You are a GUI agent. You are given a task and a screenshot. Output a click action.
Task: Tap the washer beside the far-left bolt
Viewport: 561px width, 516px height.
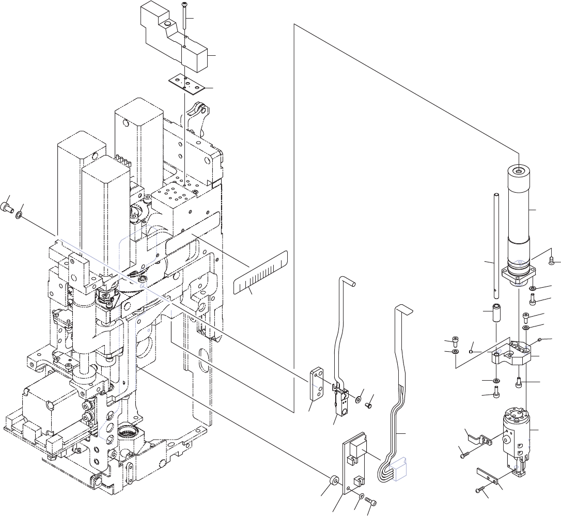click(x=20, y=213)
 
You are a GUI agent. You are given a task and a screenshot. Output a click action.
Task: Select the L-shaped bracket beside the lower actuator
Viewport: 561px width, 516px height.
click(x=478, y=439)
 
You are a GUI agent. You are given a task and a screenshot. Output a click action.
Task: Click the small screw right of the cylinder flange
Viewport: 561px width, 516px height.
click(x=552, y=260)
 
